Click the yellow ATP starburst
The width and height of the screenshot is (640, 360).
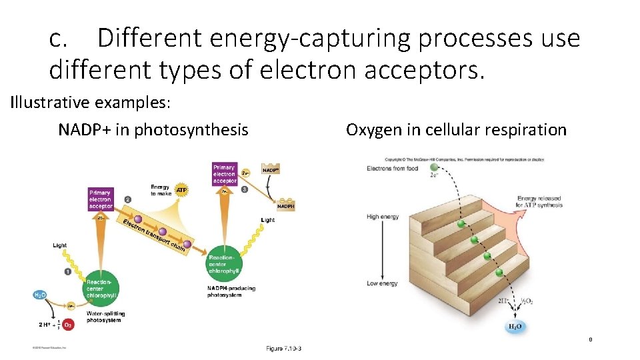(x=181, y=190)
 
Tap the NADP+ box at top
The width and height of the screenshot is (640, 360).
(x=270, y=171)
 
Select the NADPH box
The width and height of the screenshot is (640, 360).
(x=285, y=207)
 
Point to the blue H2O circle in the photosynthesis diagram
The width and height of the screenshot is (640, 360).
(x=40, y=295)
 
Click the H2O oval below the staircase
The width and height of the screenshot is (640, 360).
(x=515, y=327)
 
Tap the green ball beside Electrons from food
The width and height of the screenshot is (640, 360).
(x=435, y=168)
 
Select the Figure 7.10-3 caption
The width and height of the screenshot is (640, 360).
(x=283, y=349)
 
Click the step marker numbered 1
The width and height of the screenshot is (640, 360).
(x=68, y=271)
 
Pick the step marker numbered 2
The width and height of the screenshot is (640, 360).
(x=127, y=199)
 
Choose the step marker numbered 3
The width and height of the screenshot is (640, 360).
(x=245, y=189)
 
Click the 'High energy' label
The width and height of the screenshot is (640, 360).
(x=383, y=217)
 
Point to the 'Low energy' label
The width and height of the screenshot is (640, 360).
(x=382, y=283)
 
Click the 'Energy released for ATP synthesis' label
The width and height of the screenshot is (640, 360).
(x=539, y=201)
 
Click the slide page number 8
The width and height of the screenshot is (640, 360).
(x=590, y=340)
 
